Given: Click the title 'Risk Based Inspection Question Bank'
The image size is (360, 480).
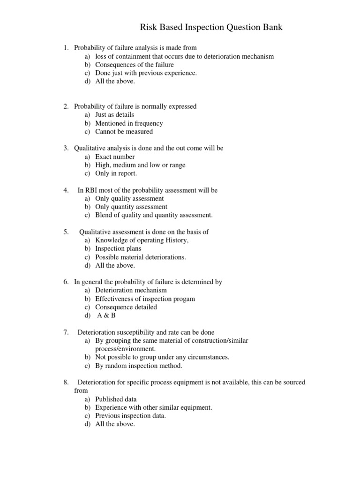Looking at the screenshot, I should coord(211,28).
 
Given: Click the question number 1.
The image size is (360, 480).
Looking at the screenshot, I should coord(66,48).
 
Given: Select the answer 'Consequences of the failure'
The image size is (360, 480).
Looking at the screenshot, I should coord(134,65).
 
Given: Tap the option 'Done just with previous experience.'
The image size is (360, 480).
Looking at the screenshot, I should coord(146,73).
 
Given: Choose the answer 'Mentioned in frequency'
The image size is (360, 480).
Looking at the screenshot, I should coord(129,123).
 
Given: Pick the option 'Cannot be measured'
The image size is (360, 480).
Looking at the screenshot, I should coord(124,132).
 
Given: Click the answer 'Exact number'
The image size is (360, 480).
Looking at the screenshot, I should coord(115,157).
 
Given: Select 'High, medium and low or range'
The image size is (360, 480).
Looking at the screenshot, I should coord(140,165).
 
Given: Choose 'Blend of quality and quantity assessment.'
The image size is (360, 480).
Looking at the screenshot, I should coord(154,215).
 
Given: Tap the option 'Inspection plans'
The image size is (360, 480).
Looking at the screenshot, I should coord(118,248).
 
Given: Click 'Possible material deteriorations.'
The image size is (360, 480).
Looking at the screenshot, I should coord(141,257).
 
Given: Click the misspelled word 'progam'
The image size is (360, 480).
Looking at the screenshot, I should coord(185,299).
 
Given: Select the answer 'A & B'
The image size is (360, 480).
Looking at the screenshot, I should coord(106,315).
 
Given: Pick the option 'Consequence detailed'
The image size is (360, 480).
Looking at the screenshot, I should coord(126,307).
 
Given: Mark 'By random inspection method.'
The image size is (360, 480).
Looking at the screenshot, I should coord(139,366).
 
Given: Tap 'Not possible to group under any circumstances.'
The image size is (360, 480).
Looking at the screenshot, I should coord(162,357).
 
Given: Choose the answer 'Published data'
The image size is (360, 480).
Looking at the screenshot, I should coord(116,399).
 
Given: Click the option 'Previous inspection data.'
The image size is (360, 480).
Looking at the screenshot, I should coord(131,416).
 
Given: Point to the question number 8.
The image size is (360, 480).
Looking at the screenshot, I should coord(66,382).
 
